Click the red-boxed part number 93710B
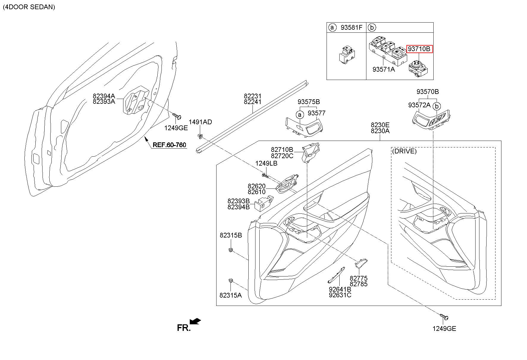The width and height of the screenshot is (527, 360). click(419, 49)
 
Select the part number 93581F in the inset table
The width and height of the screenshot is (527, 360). click(352, 28)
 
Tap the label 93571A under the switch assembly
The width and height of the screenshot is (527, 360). click(384, 69)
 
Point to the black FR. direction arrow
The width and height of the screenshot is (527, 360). click(195, 321)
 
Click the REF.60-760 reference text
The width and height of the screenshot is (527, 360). click(169, 145)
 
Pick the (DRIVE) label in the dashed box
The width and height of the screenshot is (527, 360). click(404, 151)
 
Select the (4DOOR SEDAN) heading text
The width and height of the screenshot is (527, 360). click(29, 7)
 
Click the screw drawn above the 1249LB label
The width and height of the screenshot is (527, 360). click(265, 176)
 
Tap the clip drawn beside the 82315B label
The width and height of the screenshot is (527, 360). click(230, 250)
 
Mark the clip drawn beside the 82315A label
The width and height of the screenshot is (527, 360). click(230, 281)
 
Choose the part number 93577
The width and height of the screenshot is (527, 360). click(316, 113)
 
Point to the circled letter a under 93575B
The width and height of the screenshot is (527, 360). click(300, 115)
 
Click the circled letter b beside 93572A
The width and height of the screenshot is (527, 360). click(436, 106)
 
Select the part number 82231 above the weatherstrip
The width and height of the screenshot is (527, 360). click(252, 96)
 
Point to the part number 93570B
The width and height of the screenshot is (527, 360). click(427, 92)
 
